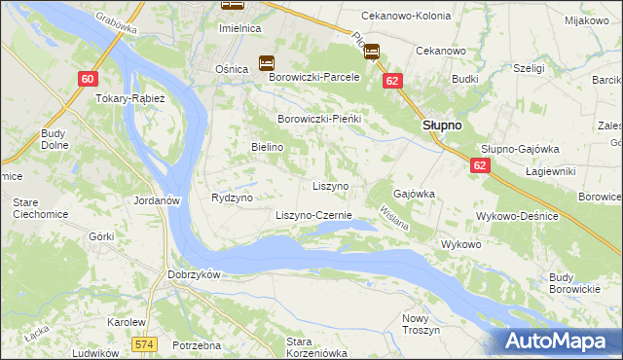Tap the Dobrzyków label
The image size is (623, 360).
pos(194,274)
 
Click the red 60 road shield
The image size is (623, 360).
pos(89,79)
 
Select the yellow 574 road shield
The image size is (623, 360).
pos(145,343)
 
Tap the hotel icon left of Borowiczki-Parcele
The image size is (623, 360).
pos(266,63)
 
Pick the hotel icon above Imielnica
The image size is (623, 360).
pos(232,6)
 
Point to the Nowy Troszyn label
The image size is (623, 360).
pos(421,324)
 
